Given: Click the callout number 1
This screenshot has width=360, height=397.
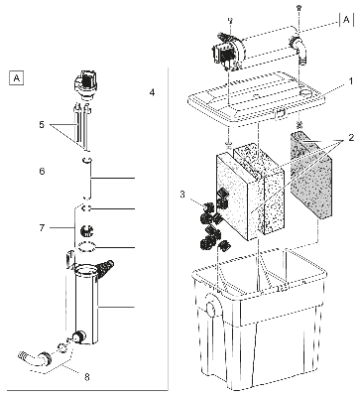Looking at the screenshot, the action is tap(352, 81).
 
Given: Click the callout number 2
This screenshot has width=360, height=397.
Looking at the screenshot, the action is tap(351, 137).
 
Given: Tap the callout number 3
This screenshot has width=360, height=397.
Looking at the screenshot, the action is tap(182, 195).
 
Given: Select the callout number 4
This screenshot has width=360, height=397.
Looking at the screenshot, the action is tap(152, 92).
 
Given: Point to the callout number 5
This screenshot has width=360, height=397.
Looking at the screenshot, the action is tap(42, 125).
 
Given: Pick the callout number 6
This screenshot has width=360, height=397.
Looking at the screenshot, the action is tap(42, 172).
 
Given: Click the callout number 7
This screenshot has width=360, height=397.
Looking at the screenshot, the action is tap(42, 228).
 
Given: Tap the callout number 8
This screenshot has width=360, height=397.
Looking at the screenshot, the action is tap(87, 377).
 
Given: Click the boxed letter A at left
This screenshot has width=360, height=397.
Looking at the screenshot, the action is tap(16, 78).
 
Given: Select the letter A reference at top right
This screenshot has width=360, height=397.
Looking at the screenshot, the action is tap(346, 20).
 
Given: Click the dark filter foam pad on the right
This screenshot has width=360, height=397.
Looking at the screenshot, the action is tap(310, 176).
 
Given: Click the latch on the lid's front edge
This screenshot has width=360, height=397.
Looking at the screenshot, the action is tap(280, 114).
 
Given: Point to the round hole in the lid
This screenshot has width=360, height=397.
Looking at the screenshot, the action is tap(305, 94).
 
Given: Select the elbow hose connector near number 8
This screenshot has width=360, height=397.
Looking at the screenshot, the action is tap(34, 358).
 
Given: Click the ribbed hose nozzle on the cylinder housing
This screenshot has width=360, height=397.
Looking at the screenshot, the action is tap(105, 267).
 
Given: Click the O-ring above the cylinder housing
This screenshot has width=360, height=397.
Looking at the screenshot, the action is tap(87, 246).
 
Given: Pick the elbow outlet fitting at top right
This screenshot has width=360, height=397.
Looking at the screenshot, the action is tap(299, 51).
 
